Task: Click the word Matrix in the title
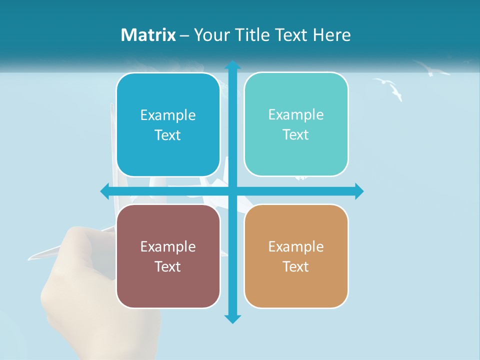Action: pos(148,35)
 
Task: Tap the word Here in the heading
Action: pos(332,35)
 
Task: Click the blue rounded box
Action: pos(168,125)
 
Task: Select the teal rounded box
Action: pos(296,124)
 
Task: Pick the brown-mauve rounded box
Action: pos(168,256)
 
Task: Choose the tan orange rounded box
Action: pos(296,256)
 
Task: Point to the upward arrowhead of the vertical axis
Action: pos(232,65)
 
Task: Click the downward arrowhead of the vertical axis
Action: pos(232,318)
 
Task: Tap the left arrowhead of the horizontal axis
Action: pos(105,191)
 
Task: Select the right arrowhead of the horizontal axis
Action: pos(359,191)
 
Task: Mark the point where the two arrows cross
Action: pos(232,191)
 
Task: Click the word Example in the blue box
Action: pos(168,115)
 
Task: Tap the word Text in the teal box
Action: pos(295,134)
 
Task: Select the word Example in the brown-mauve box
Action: pos(168,246)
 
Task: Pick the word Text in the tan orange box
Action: pos(295,266)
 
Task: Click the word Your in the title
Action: pos(209,35)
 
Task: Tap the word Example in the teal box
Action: pos(296,114)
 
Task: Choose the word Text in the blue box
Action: pos(167,135)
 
